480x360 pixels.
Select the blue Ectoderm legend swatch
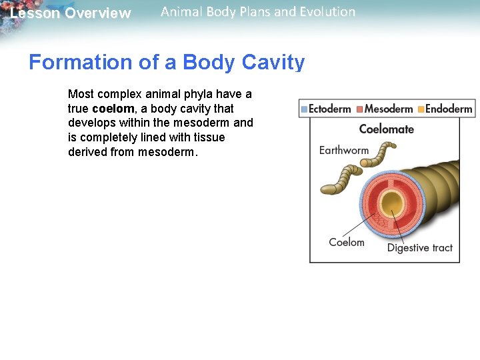tap(305, 109)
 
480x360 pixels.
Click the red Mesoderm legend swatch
tap(359, 109)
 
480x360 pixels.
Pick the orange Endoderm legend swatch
tap(421, 109)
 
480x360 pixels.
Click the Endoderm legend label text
tap(449, 109)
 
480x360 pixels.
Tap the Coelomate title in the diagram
tap(386, 129)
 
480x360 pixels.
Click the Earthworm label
tap(344, 150)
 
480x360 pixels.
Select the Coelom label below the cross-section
tap(346, 242)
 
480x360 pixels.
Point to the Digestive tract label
tap(419, 248)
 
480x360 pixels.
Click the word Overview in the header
tap(98, 13)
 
